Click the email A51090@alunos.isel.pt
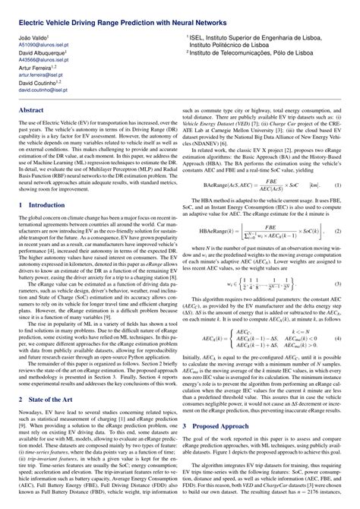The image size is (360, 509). click(x=43, y=44)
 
